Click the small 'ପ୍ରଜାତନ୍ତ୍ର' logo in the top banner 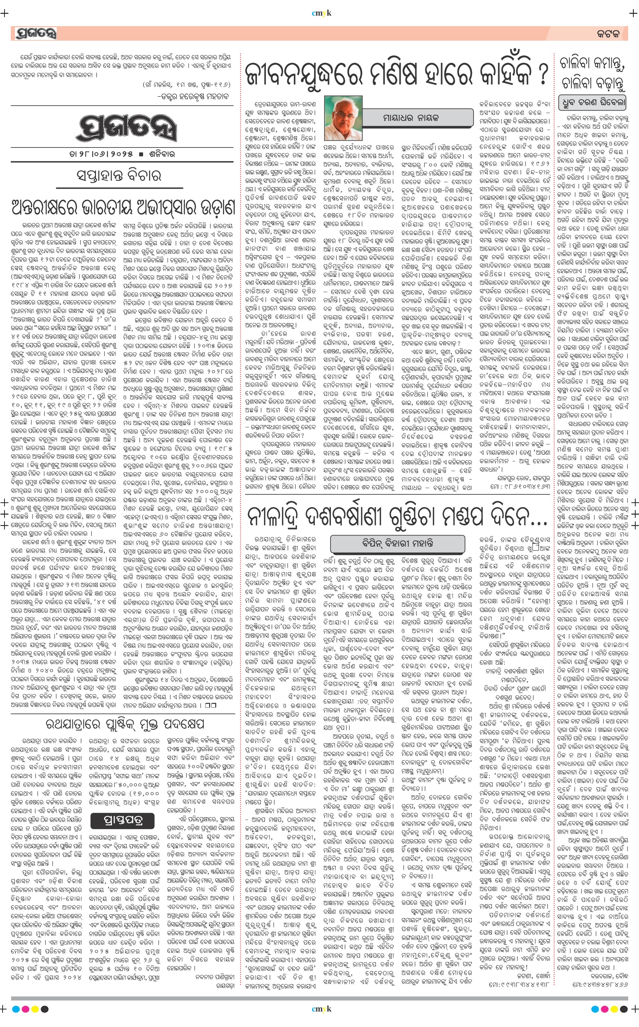[35, 33]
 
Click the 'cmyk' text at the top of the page [321, 13]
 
